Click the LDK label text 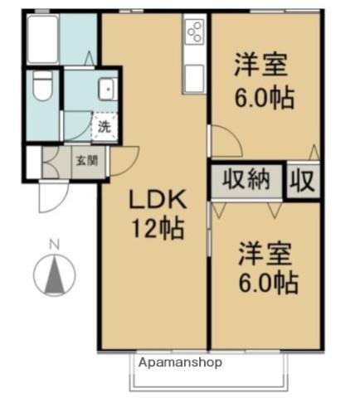tap(155, 200)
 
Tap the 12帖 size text tap(155, 226)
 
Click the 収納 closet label tap(246, 181)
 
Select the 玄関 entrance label tap(85, 160)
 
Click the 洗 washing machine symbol tap(105, 128)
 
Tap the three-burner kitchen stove tap(195, 33)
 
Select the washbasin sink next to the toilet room tap(105, 89)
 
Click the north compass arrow tap(53, 271)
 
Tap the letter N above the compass tap(53, 244)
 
